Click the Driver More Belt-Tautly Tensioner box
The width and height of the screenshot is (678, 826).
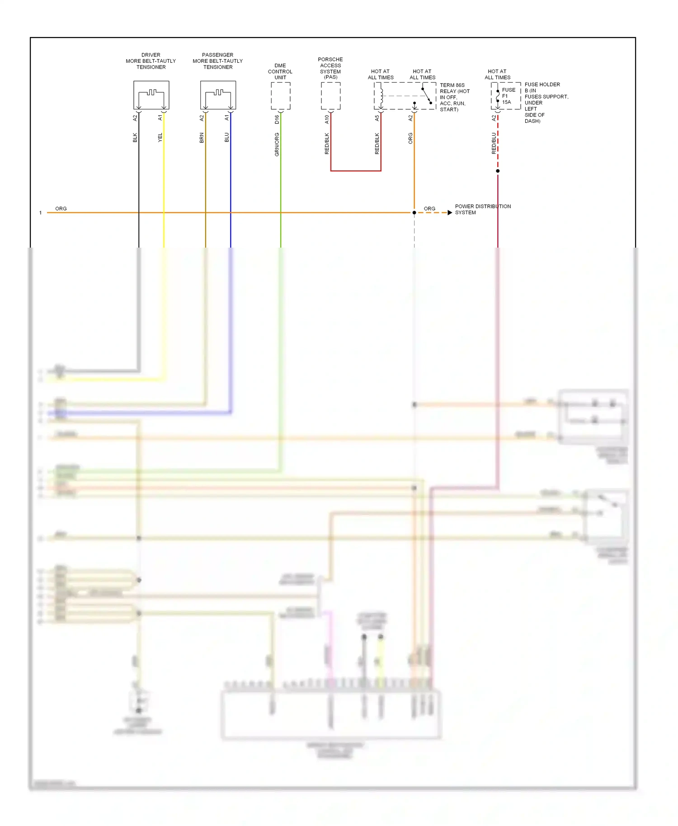click(151, 95)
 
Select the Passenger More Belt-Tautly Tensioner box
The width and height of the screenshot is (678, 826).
click(218, 95)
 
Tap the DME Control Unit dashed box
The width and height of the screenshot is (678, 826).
click(280, 96)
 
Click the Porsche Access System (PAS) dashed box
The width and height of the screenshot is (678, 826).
click(330, 96)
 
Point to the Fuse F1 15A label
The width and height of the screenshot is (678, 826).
click(508, 96)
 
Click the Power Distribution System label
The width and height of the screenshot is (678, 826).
click(482, 209)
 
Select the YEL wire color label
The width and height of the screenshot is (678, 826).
click(160, 137)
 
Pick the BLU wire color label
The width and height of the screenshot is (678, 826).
click(227, 137)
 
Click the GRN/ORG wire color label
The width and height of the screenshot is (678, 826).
click(277, 145)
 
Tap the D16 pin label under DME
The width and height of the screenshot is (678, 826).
click(277, 119)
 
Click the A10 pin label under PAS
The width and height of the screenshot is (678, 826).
click(327, 119)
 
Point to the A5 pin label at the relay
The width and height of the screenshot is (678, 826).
click(377, 118)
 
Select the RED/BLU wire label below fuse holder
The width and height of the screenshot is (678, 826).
click(494, 143)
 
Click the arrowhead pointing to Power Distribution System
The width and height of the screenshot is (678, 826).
click(449, 212)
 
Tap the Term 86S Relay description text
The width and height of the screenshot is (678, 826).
click(454, 97)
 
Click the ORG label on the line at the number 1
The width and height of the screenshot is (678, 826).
click(61, 208)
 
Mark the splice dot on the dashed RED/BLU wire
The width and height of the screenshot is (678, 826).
click(498, 171)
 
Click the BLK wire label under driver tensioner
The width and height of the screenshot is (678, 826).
click(135, 137)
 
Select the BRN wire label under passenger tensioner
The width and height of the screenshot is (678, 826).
click(202, 137)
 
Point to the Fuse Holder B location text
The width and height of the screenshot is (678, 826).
click(545, 103)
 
